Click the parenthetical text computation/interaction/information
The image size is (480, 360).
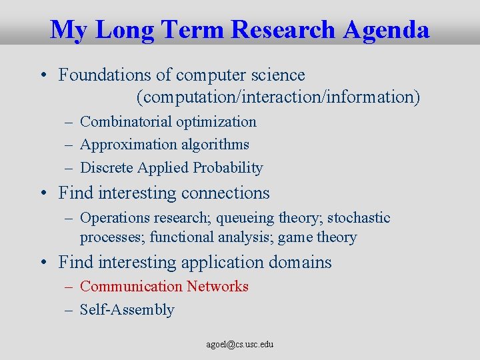pos(278,97)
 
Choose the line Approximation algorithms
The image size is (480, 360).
pos(164,145)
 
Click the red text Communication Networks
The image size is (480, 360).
pos(164,287)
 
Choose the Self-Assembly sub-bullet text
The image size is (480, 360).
pos(127,310)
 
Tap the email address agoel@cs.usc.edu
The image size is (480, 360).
pos(240,345)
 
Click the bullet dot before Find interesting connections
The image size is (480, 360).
pos(43,194)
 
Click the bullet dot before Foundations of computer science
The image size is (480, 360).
pos(43,76)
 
